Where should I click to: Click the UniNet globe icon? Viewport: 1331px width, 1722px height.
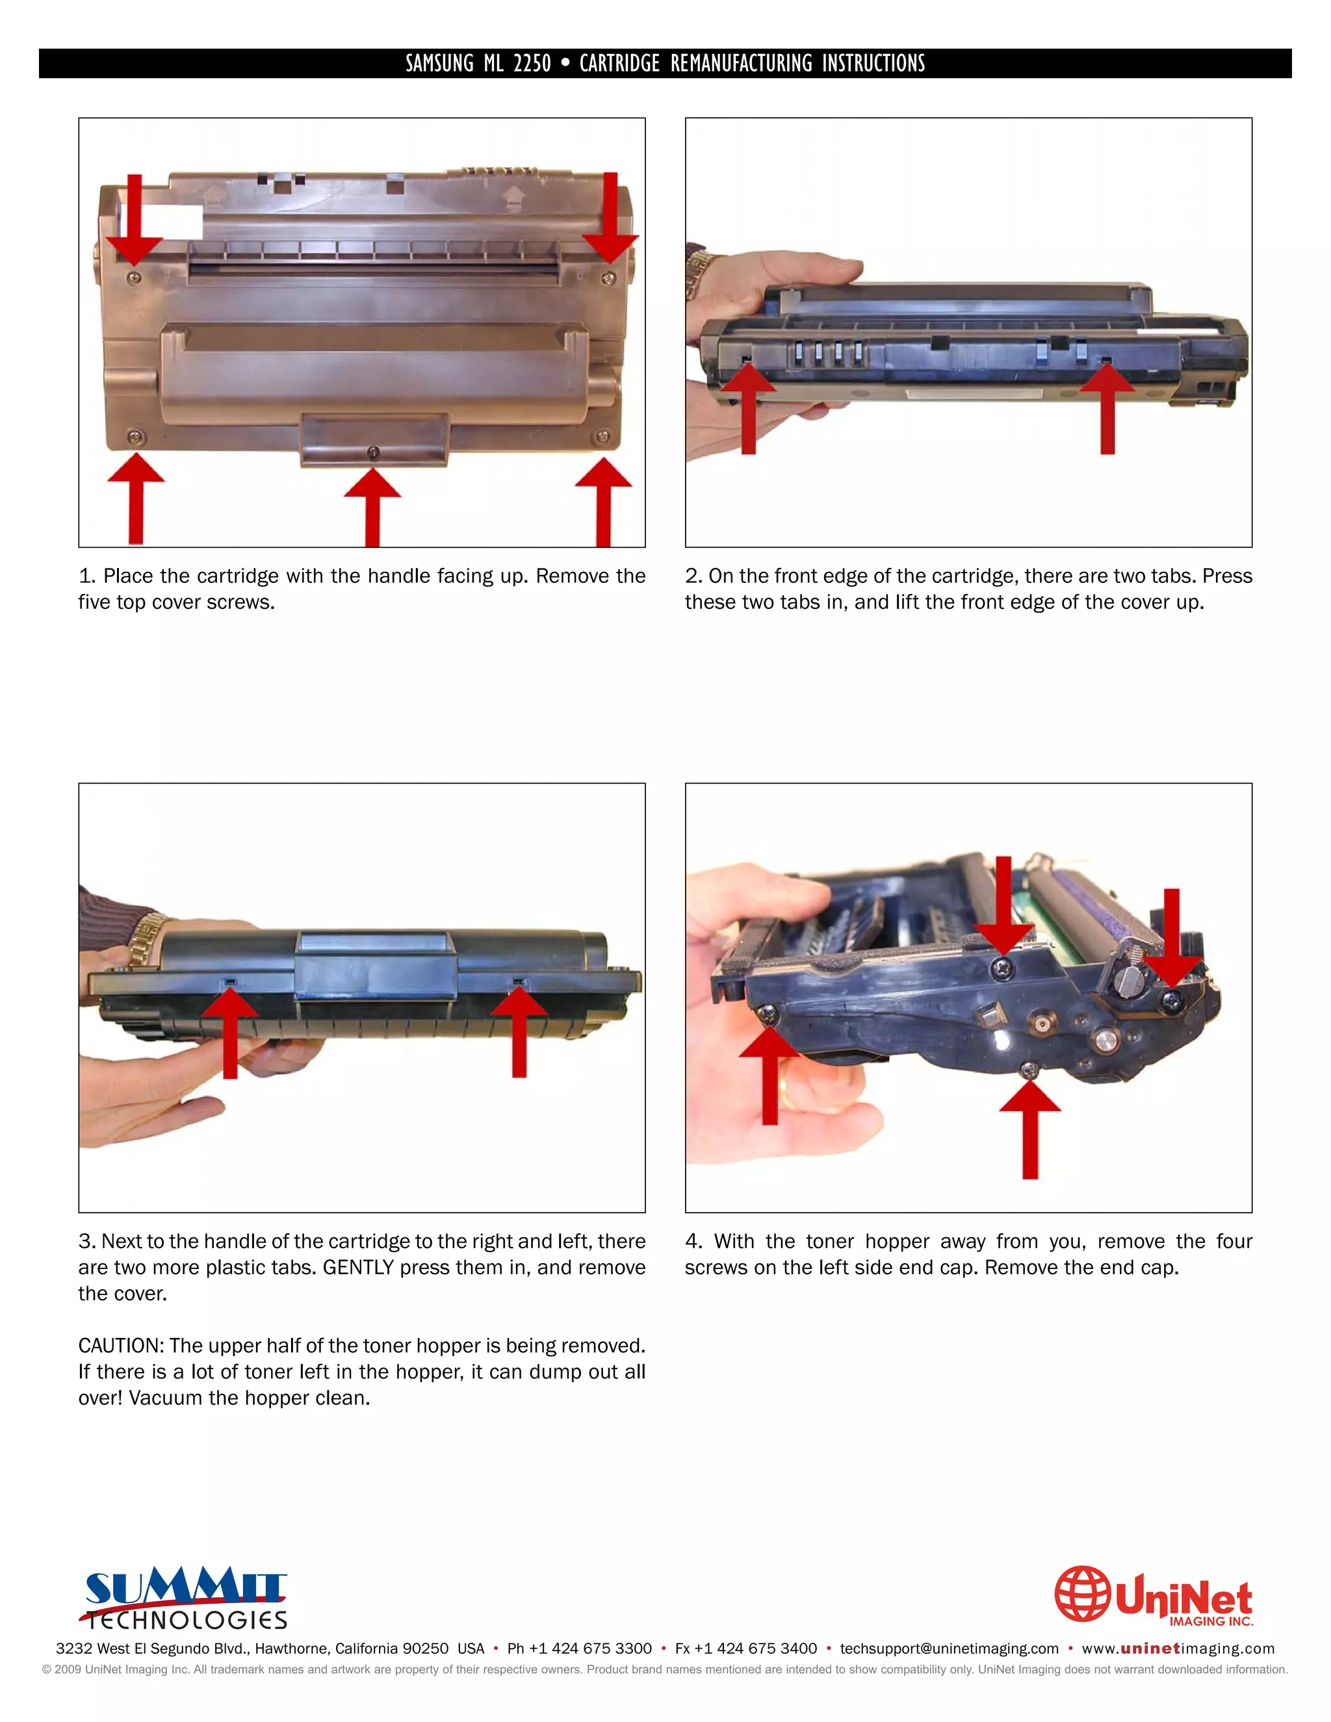coord(1083,1593)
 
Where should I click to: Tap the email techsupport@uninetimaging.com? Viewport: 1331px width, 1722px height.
coord(949,1649)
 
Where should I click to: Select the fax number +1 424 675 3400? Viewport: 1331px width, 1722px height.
coord(755,1649)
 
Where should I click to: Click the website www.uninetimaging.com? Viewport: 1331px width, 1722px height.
coord(1177,1649)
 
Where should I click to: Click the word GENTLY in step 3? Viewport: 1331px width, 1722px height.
coord(358,1267)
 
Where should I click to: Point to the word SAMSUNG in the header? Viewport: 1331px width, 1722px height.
coord(439,63)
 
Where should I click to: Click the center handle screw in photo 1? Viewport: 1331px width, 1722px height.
coord(374,452)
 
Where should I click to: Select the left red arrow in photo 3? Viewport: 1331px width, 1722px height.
coord(230,1033)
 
